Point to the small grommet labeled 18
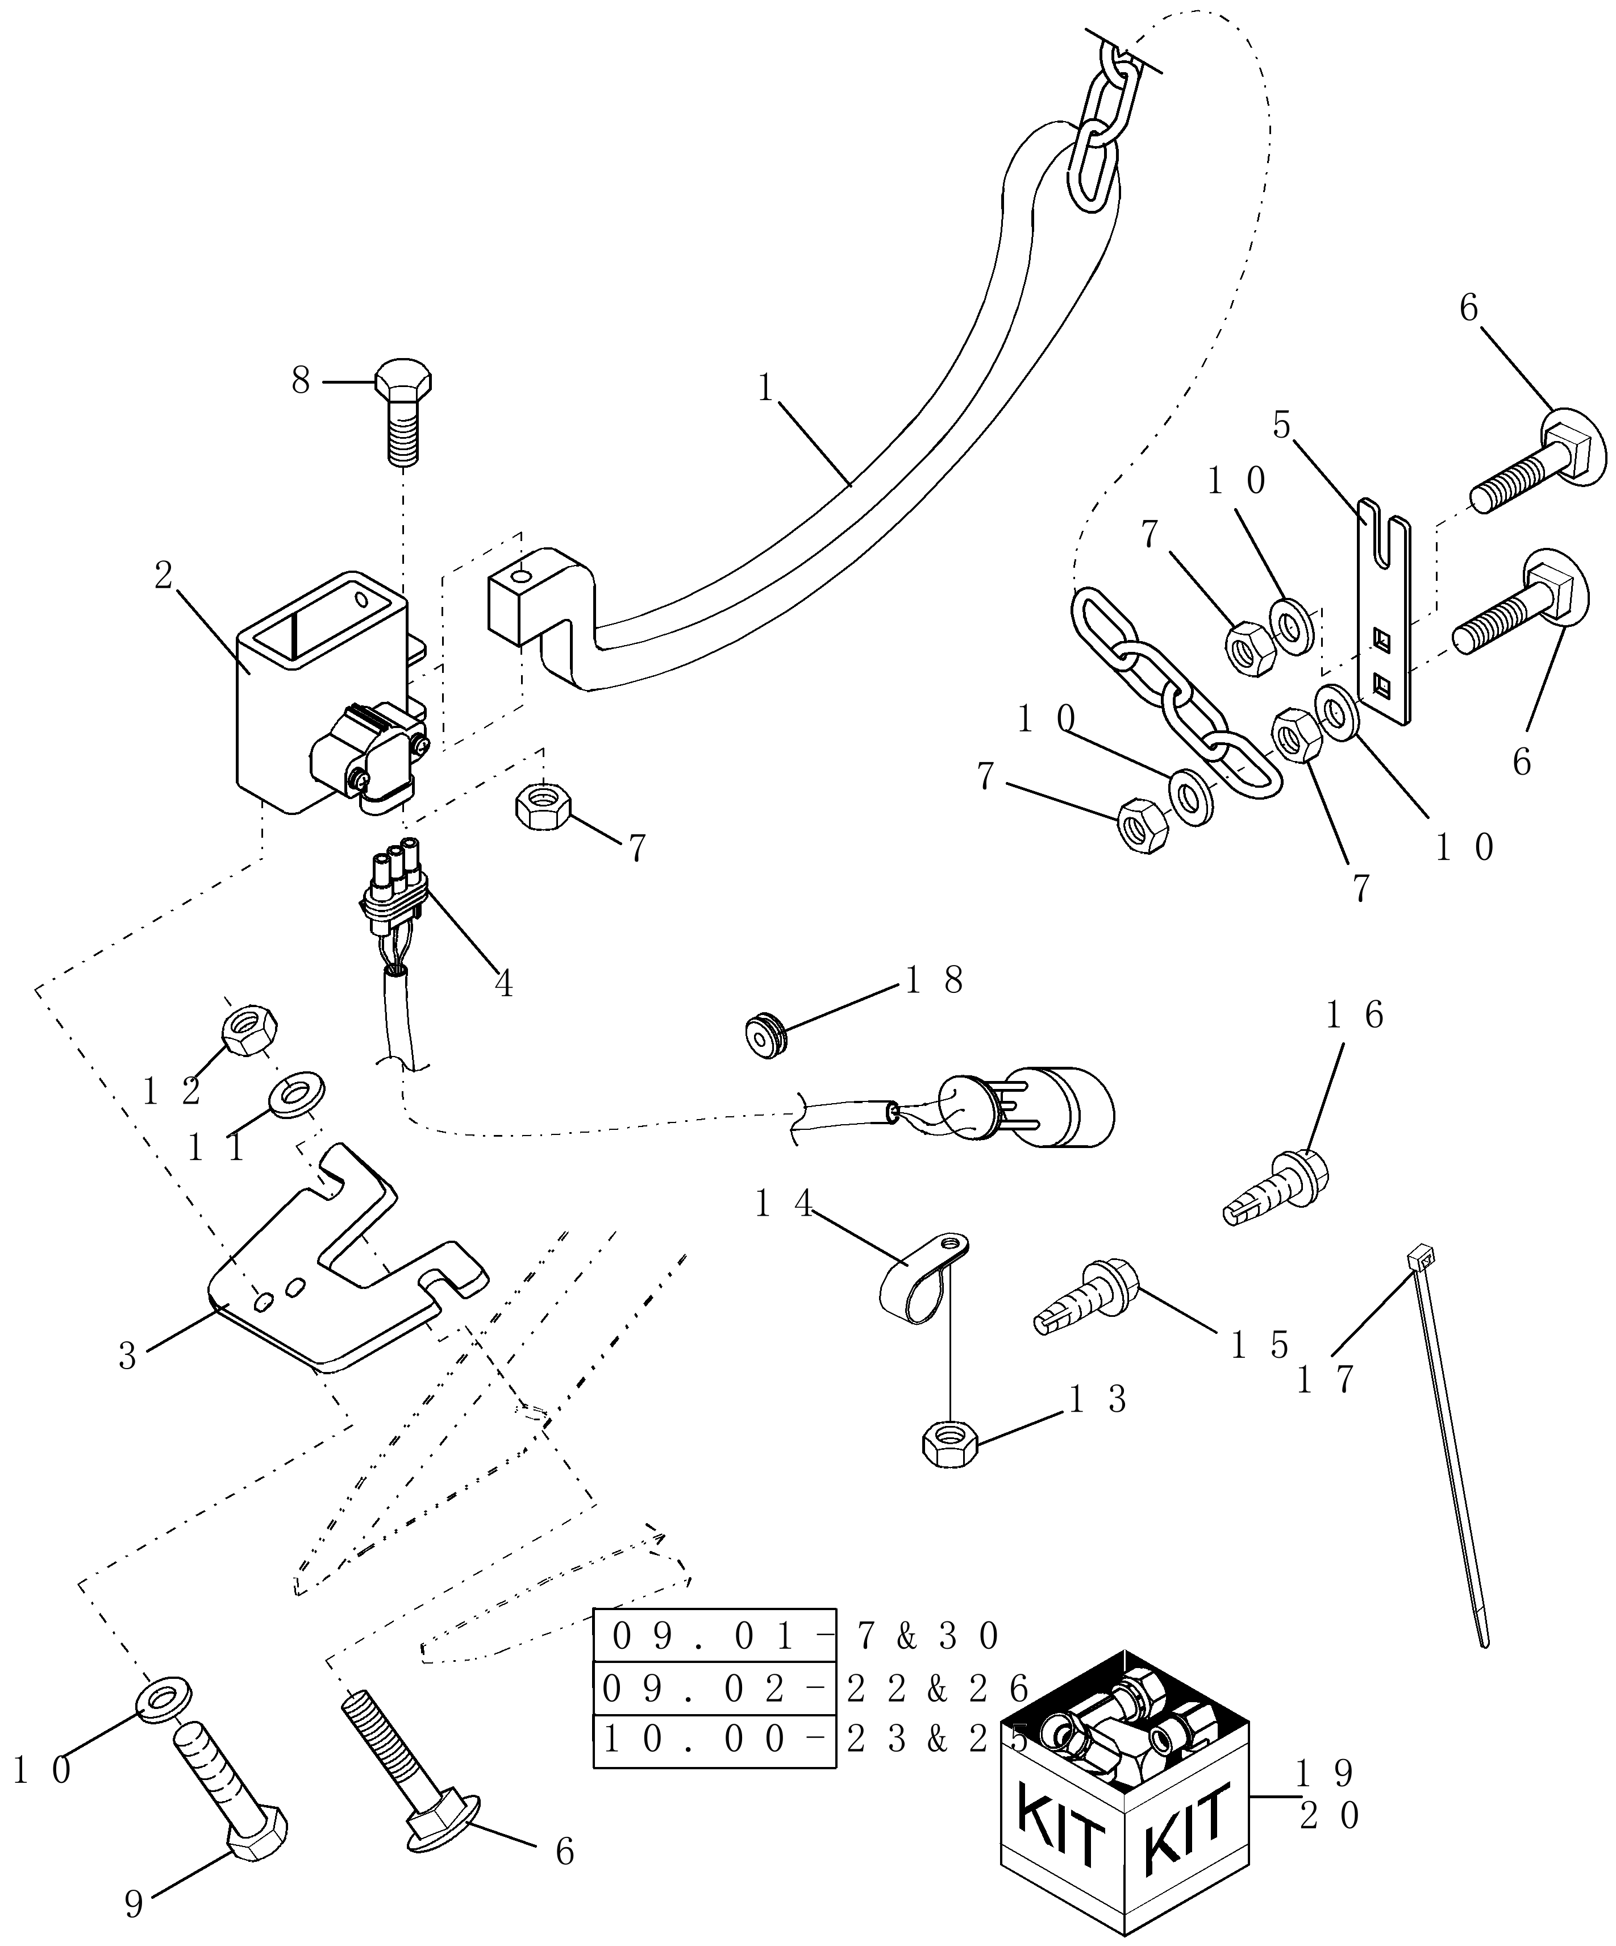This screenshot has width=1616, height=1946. coord(767,1037)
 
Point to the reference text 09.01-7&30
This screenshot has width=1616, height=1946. coord(797,1636)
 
